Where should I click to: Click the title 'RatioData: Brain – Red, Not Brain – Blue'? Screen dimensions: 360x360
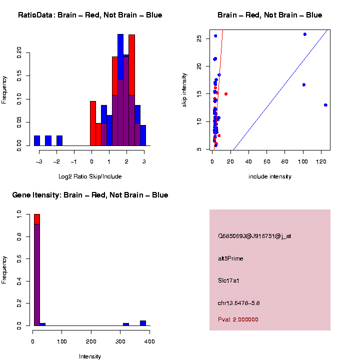coord(90,15)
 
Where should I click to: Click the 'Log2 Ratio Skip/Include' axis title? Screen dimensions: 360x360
coord(90,176)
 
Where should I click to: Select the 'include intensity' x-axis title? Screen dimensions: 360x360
coord(270,176)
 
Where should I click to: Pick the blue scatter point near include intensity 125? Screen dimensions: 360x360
coord(325,105)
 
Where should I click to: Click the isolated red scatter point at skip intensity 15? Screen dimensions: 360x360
coord(226,94)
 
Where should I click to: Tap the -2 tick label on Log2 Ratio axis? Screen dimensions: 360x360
coord(56,161)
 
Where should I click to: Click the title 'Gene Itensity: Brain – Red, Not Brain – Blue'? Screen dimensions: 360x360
coord(90,195)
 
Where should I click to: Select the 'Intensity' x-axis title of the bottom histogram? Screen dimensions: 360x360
coord(90,356)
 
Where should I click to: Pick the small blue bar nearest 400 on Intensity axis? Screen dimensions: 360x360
coord(143,323)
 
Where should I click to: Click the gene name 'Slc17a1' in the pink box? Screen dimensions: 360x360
coord(229,281)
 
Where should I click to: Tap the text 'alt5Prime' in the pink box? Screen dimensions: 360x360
coord(230,258)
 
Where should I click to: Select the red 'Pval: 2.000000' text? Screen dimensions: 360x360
coord(238,319)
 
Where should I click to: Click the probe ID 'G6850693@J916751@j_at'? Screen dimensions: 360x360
coord(254,236)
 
